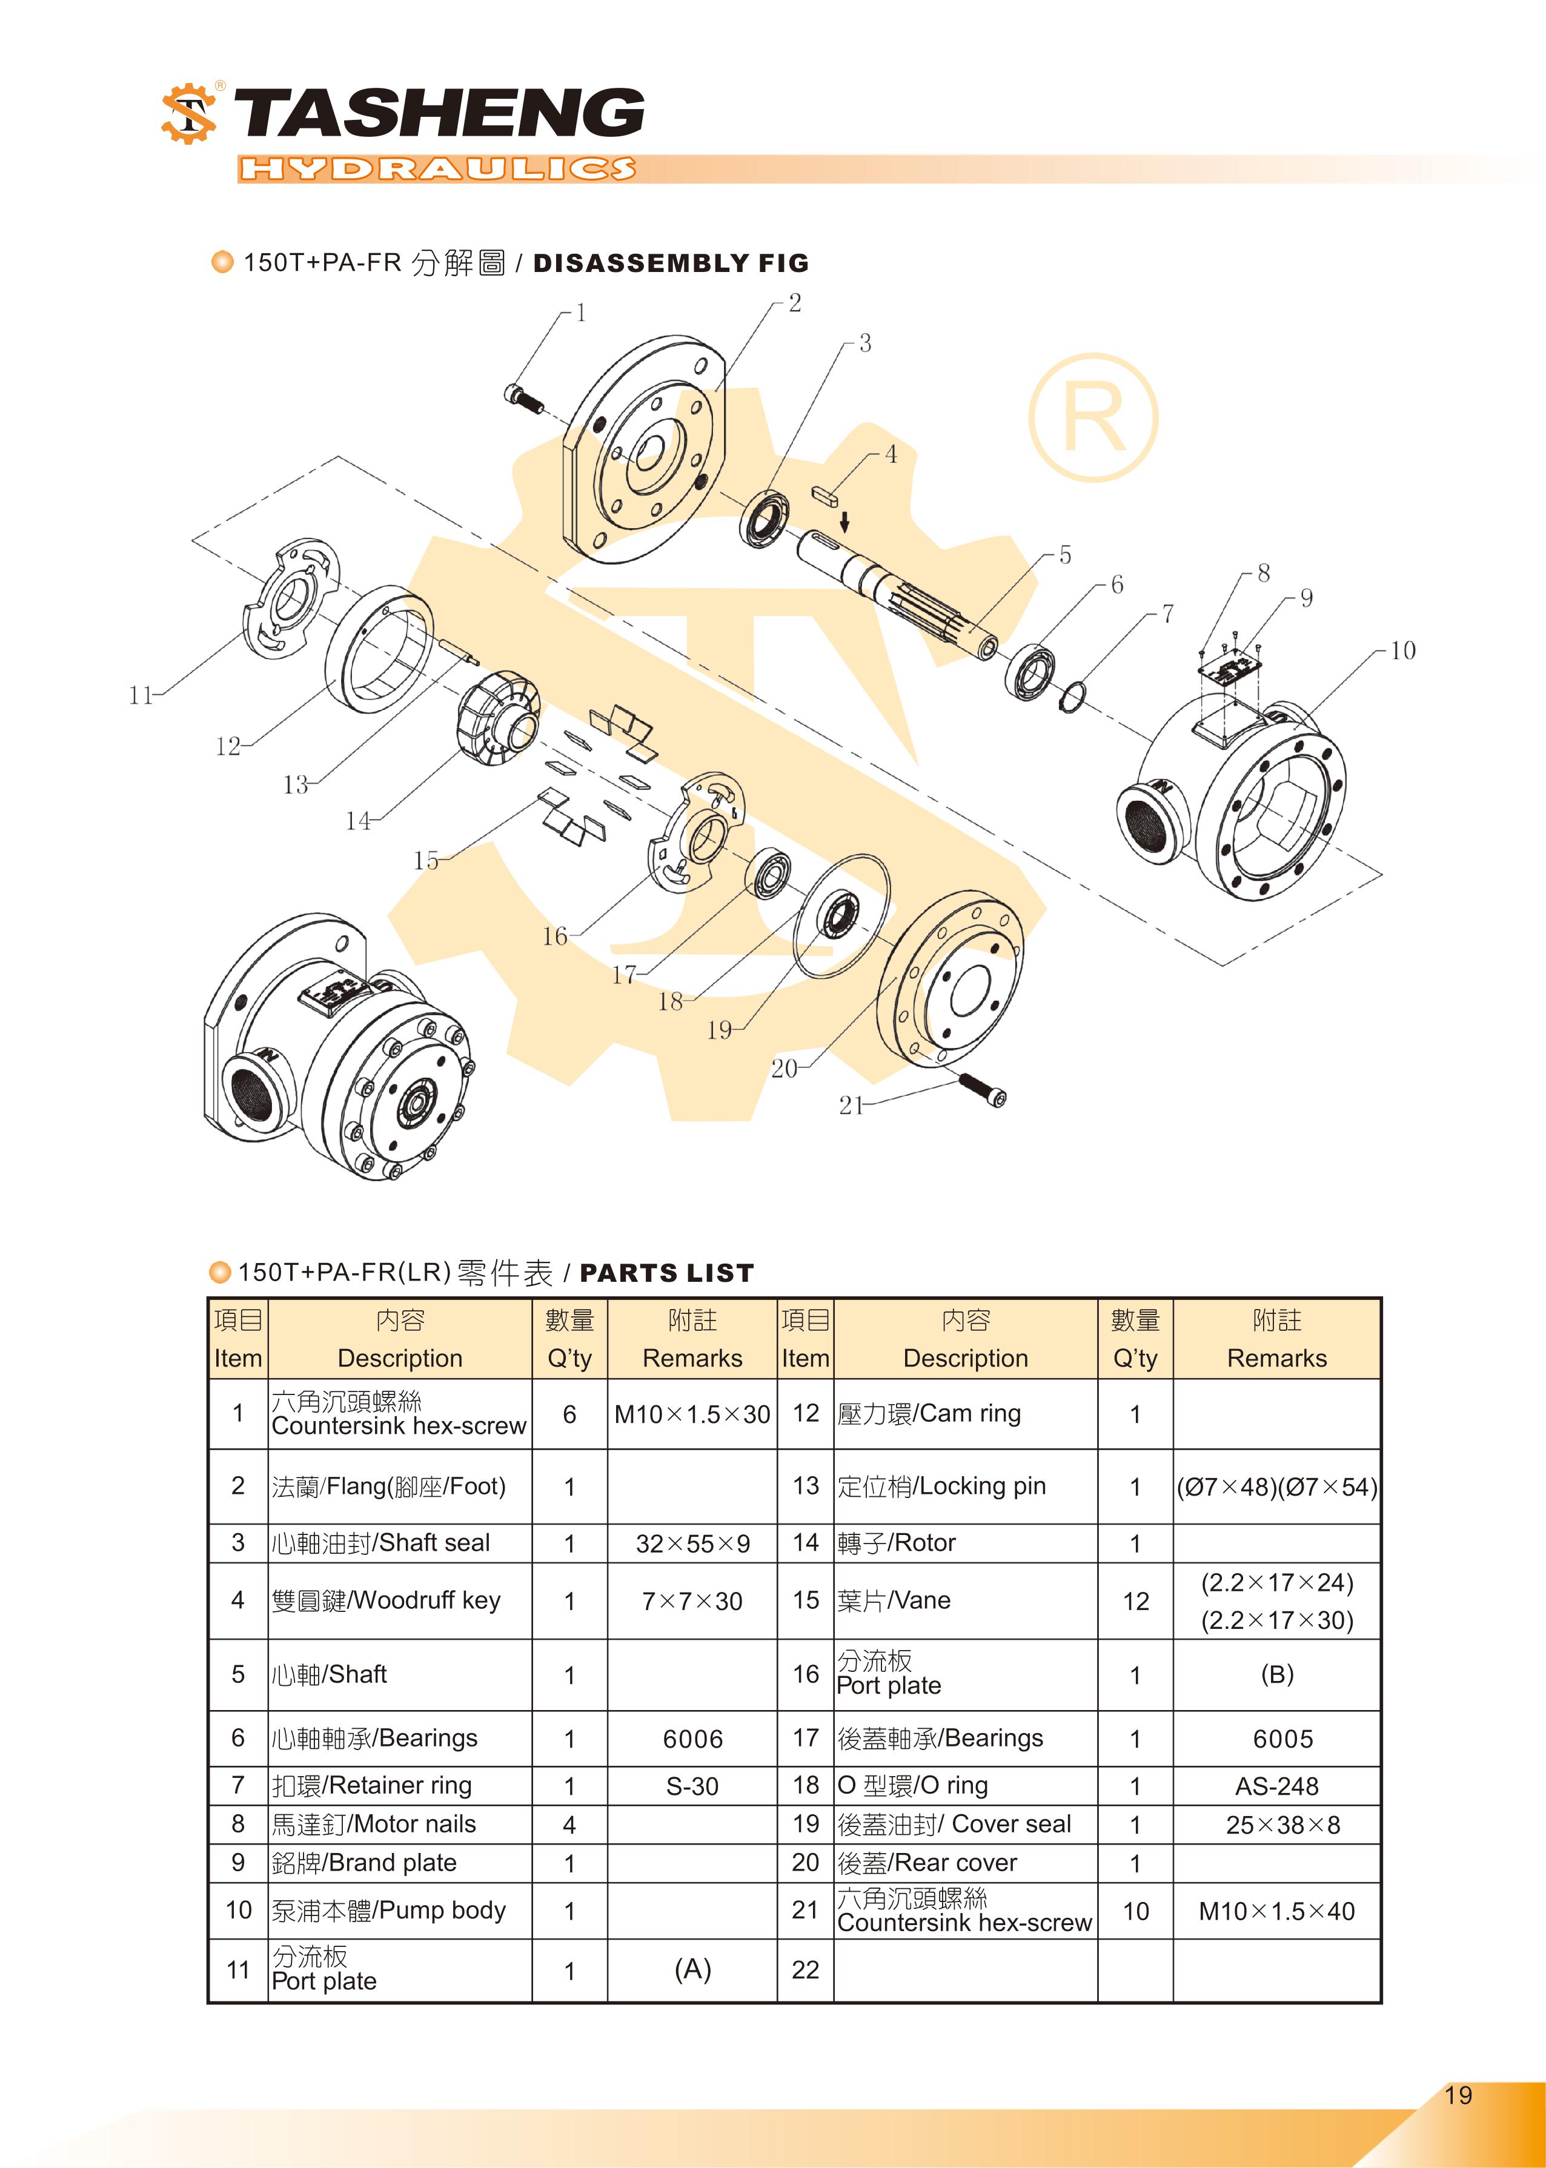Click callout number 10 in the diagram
click(1402, 651)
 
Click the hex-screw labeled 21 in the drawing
click(983, 1090)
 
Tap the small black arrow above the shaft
click(844, 520)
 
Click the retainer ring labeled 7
click(1072, 698)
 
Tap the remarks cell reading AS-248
click(1276, 1786)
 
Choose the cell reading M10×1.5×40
click(1276, 1911)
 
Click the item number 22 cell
click(805, 1970)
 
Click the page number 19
click(1458, 2095)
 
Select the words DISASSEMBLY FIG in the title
click(670, 264)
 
